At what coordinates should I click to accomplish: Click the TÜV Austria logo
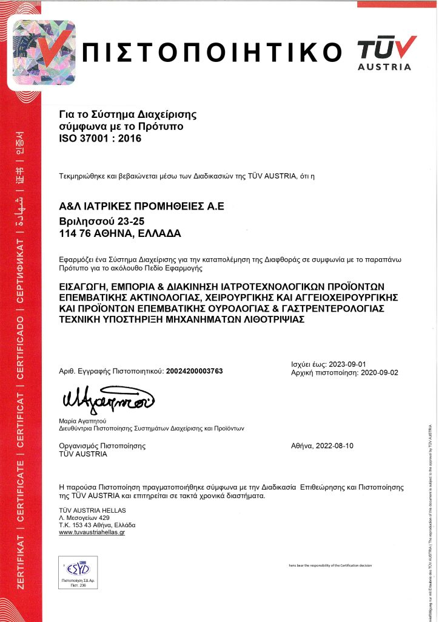tap(386, 52)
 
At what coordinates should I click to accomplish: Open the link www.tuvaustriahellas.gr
tap(92, 532)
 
